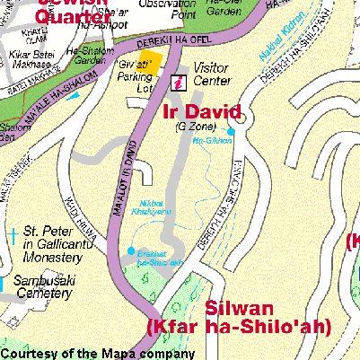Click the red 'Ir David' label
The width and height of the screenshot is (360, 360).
202,112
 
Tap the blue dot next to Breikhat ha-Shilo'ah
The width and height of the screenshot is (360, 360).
132,250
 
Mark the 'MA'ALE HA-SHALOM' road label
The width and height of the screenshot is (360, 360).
61,94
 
